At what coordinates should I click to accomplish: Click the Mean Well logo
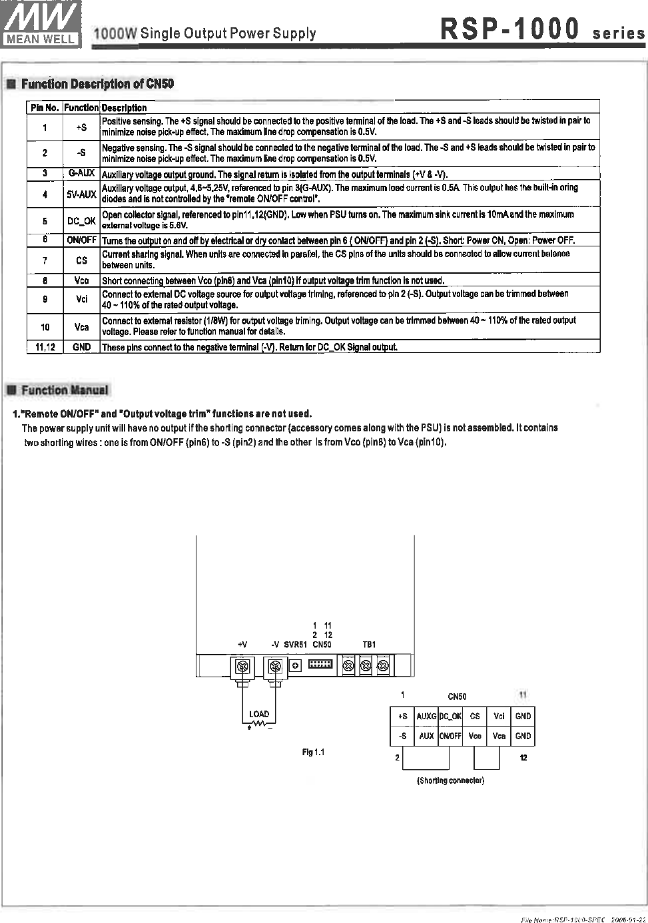tap(42, 23)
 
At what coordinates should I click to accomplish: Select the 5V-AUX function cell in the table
tap(81, 194)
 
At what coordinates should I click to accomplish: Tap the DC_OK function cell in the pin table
tap(81, 220)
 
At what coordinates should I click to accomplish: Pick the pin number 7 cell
tap(45, 260)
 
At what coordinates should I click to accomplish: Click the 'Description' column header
tap(125, 108)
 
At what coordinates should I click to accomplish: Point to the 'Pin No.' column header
tap(45, 108)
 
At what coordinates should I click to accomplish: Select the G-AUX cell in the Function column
tap(81, 174)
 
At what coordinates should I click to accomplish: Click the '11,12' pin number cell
tap(45, 347)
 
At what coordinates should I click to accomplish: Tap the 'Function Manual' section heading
tap(64, 390)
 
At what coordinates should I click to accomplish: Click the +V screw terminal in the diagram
tap(242, 666)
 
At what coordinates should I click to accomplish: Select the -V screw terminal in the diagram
tap(275, 666)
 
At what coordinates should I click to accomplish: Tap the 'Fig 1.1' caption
tap(313, 753)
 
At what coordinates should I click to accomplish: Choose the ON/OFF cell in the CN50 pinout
tap(450, 737)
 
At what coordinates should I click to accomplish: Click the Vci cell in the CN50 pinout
tap(499, 717)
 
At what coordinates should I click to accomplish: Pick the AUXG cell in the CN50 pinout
tap(426, 717)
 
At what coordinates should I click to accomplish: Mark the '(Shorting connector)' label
tap(450, 780)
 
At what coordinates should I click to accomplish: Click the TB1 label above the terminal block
tap(369, 645)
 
